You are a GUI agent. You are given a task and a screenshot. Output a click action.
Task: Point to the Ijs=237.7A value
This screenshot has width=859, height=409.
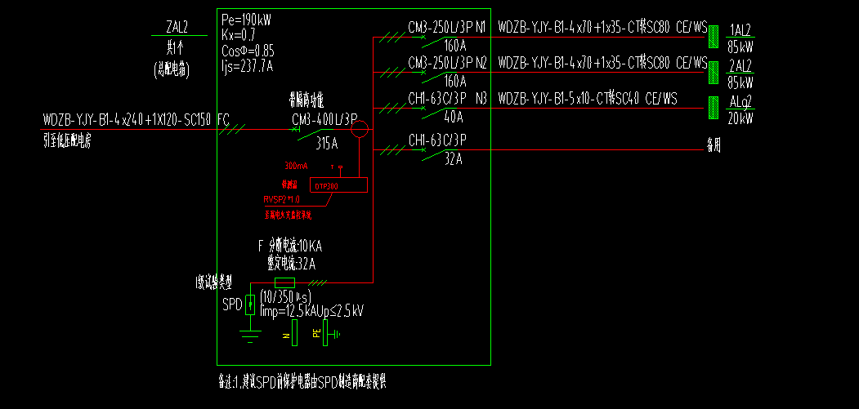247,66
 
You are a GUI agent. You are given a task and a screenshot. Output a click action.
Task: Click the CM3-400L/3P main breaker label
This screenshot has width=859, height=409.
324,119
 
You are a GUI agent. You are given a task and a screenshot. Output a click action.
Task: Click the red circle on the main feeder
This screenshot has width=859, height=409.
360,127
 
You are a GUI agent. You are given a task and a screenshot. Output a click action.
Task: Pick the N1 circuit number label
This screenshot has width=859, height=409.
481,28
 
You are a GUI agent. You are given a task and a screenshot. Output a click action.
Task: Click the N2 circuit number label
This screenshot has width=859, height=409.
481,62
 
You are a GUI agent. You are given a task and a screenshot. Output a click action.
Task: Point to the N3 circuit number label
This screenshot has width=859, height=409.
481,98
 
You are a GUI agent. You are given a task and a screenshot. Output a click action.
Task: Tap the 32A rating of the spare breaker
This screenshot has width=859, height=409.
453,159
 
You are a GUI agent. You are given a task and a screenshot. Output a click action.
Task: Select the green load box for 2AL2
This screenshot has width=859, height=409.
714,71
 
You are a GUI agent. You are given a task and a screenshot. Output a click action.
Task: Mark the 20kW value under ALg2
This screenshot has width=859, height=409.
740,118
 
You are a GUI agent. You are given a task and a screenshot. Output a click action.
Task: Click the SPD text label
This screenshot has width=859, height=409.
232,305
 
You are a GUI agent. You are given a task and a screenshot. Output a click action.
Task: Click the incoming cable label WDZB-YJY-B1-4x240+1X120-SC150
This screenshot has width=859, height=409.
128,120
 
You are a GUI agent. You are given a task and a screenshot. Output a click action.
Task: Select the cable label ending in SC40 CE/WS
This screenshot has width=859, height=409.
588,99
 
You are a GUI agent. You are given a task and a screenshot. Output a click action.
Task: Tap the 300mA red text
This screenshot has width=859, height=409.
296,166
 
